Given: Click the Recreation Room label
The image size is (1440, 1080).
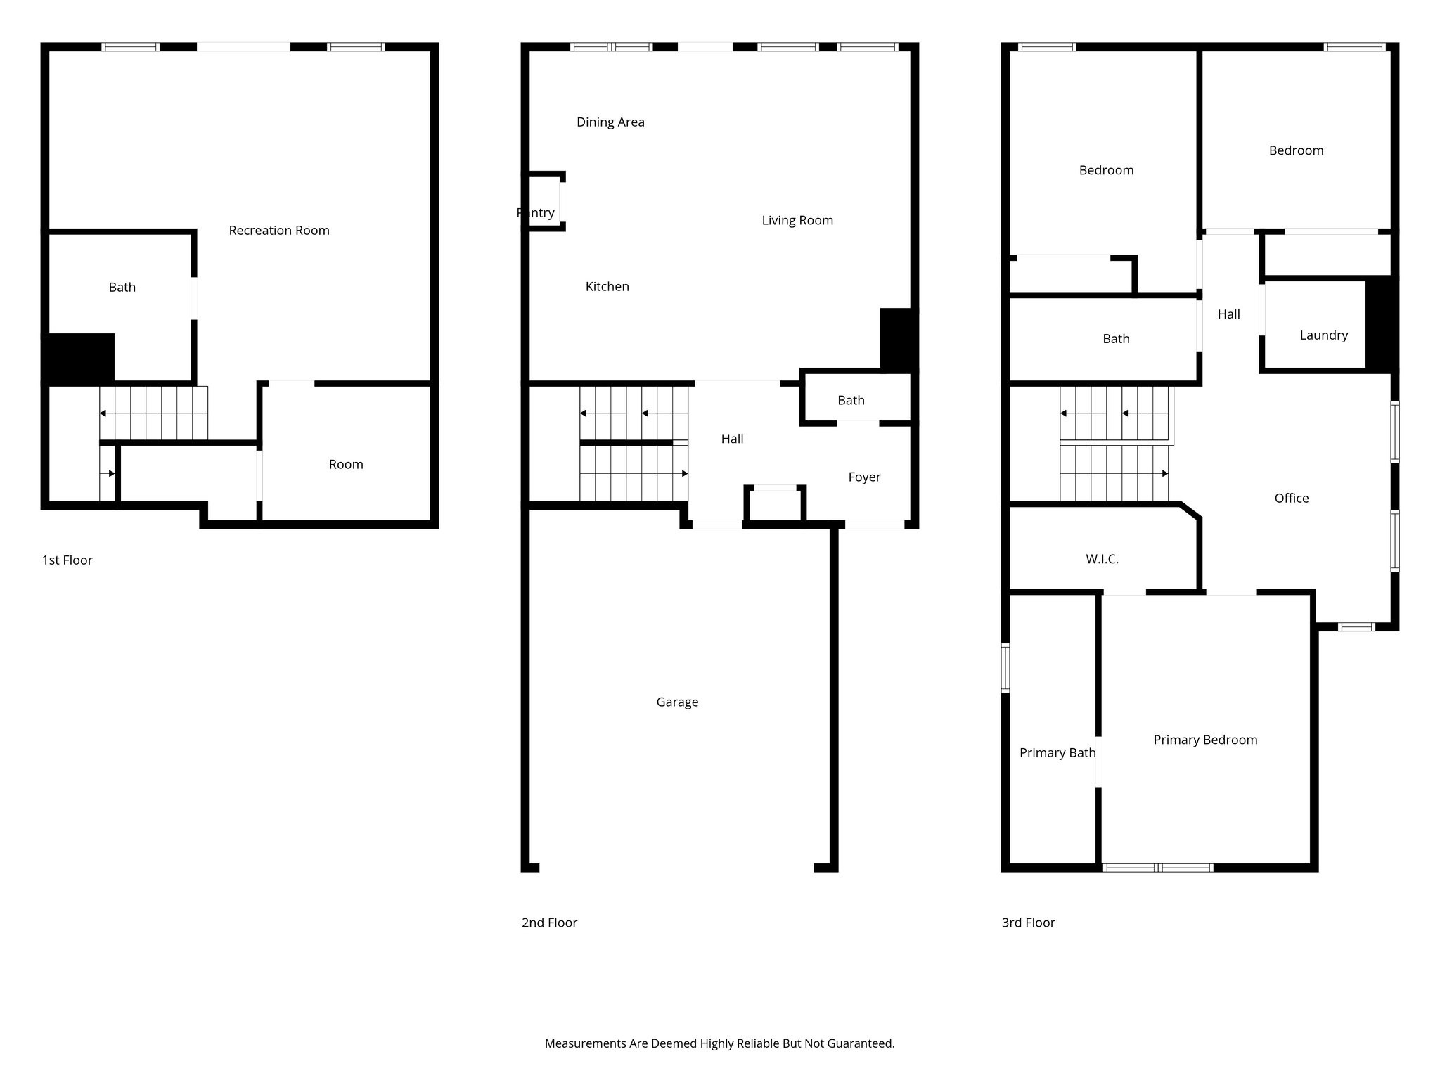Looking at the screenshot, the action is coord(279,231).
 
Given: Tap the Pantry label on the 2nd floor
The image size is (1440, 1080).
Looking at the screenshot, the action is coord(536,213).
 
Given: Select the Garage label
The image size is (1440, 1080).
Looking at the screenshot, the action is coord(677,702).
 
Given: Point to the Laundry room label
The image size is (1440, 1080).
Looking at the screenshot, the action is coord(1324,335).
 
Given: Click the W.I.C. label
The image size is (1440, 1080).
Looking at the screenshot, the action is coord(1102,559).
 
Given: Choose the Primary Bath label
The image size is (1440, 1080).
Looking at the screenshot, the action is coord(1057,753).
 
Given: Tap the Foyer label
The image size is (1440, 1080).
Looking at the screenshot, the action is coord(864,477).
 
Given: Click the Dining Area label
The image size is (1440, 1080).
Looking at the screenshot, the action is coord(610,122).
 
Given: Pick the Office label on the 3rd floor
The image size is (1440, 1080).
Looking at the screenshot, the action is coord(1292,499).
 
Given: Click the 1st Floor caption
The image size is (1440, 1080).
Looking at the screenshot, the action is coord(67,560).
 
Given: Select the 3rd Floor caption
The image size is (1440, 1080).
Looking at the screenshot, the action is coord(1028,922).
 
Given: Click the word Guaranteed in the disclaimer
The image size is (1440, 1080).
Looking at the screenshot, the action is coord(859,1043).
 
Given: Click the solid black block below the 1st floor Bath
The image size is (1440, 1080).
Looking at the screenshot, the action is coord(79,359).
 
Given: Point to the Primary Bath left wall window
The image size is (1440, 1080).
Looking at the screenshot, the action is coord(1005,668).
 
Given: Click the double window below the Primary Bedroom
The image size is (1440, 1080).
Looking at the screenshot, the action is coord(1157,868).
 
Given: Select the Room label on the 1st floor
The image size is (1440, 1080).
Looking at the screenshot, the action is coord(346,465).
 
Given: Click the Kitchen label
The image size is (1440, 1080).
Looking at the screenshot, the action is coord(607,287).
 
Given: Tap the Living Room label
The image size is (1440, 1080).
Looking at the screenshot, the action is coord(797,221).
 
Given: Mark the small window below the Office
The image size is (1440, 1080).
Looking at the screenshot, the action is coord(1356,626).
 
